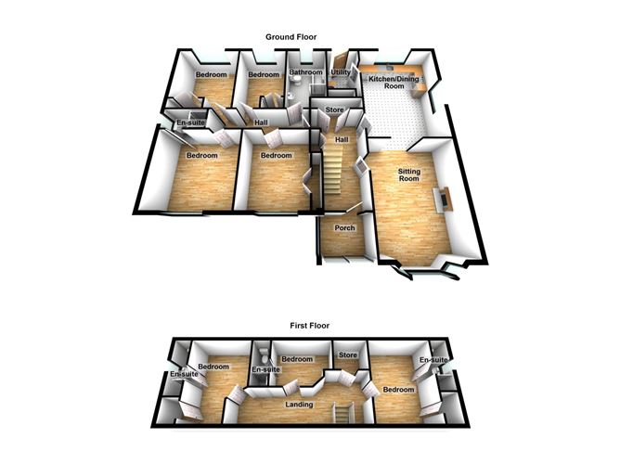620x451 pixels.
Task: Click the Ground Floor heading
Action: click(291, 36)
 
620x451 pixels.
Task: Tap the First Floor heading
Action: click(310, 326)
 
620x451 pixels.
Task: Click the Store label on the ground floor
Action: click(334, 111)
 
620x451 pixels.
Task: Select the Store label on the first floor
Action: click(349, 354)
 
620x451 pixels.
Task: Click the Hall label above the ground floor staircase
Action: click(341, 139)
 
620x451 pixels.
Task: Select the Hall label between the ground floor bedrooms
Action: click(262, 122)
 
